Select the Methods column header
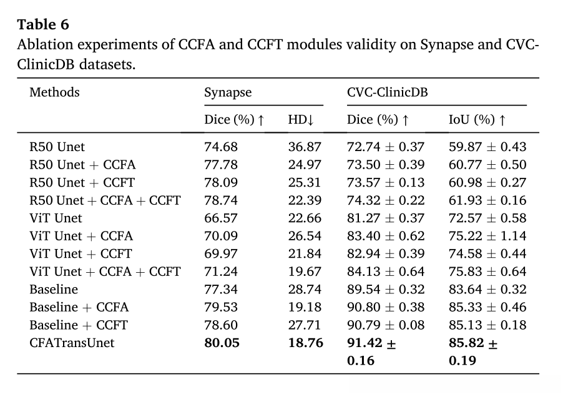pos(55,92)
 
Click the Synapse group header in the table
pos(228,92)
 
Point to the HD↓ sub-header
pos(300,120)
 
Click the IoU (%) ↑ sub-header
pos(477,120)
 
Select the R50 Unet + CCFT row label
pos(82,183)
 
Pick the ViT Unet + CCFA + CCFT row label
pos(105,272)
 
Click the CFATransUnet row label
pos(72,343)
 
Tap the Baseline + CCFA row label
pos(79,307)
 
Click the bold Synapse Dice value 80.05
pos(222,343)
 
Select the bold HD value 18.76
pos(305,343)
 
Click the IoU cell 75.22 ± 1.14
pos(487,236)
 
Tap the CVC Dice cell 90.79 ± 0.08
pos(386,325)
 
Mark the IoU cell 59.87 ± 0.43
pos(487,147)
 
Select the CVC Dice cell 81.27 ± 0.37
pos(386,218)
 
